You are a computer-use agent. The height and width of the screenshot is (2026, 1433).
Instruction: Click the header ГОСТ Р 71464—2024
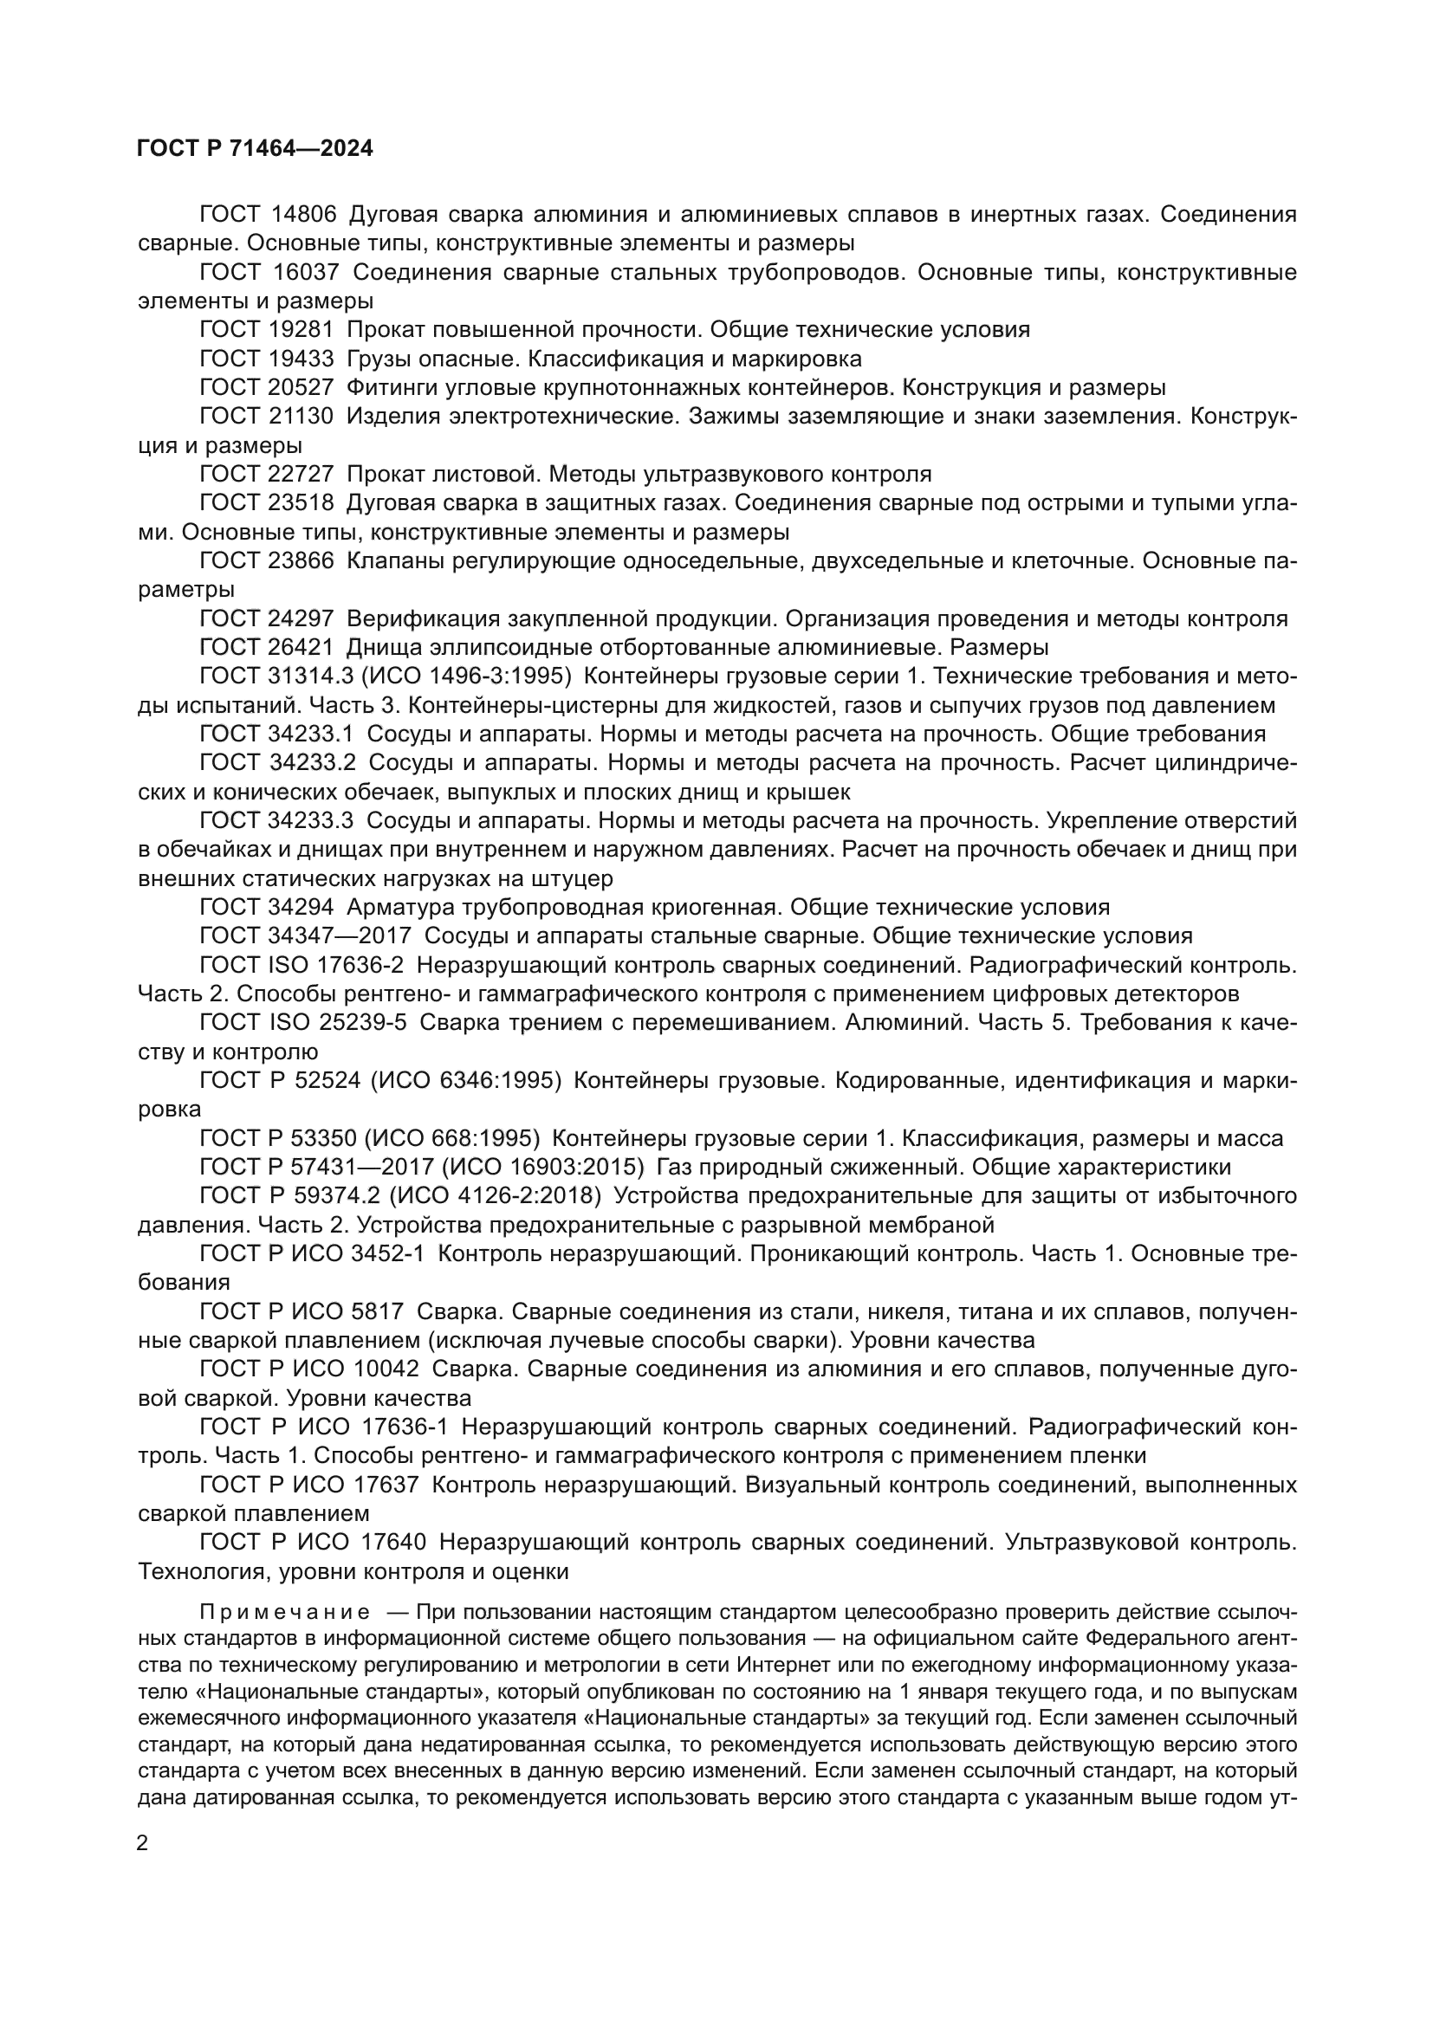[x=255, y=149]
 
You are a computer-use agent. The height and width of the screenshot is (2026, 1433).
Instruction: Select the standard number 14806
[x=304, y=215]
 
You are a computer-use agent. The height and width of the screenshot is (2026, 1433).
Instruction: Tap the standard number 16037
[x=306, y=273]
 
